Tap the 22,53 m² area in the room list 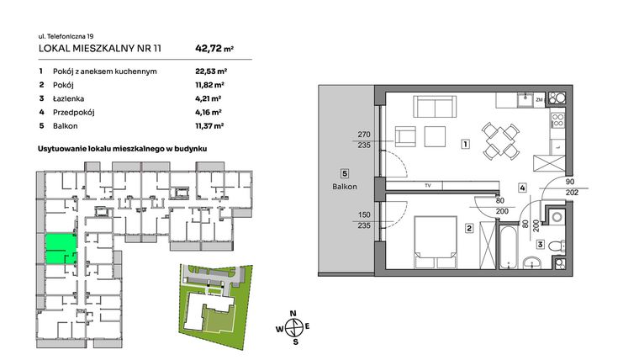209,71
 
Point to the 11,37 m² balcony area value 209,125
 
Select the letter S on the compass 294,341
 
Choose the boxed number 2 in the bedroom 469,227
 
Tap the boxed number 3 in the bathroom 541,245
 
